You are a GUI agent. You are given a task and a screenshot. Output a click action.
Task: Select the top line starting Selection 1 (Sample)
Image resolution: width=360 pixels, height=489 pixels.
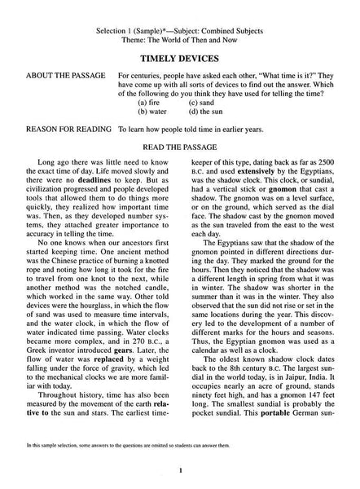[x=180, y=7]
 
